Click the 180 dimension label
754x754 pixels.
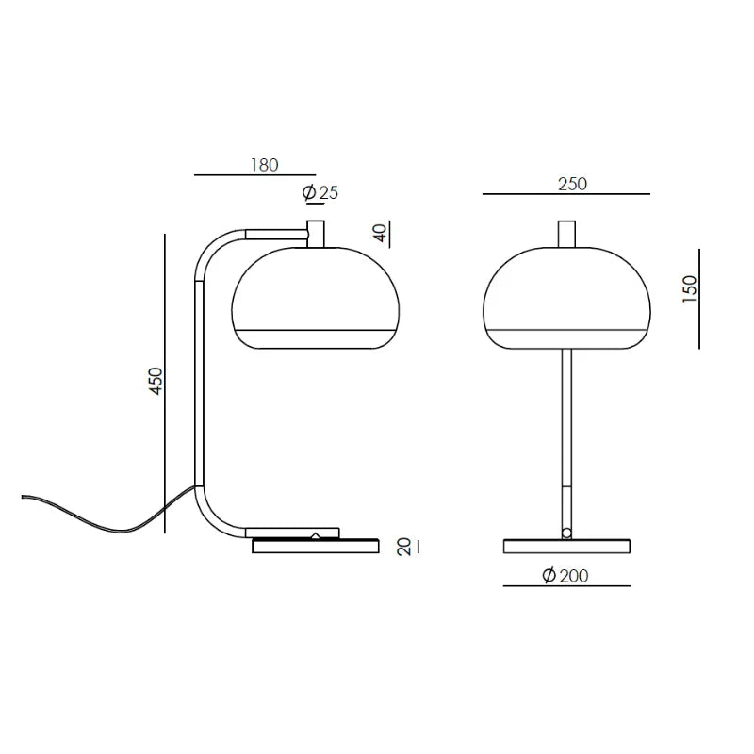tap(265, 165)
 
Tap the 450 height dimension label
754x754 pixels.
tap(156, 382)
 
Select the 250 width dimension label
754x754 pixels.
tap(572, 184)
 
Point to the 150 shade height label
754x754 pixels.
tap(690, 288)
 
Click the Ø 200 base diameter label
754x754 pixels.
tap(565, 575)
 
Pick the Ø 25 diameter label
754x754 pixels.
tap(320, 193)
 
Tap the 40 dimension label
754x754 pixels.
tap(380, 233)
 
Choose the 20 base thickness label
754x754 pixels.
tap(404, 547)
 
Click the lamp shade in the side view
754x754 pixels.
tap(316, 298)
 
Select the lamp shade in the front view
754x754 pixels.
tap(566, 298)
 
